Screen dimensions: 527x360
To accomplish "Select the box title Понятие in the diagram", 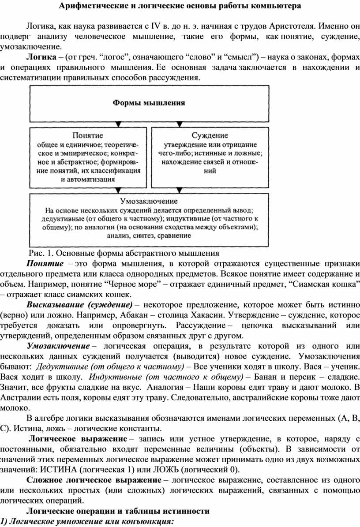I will [87, 135].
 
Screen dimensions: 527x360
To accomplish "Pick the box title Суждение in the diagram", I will [210, 135].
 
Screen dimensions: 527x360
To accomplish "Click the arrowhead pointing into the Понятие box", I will [118, 124].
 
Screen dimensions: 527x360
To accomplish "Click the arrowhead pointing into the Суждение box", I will [182, 124].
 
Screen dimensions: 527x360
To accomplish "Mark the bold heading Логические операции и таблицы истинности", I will [118, 512].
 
